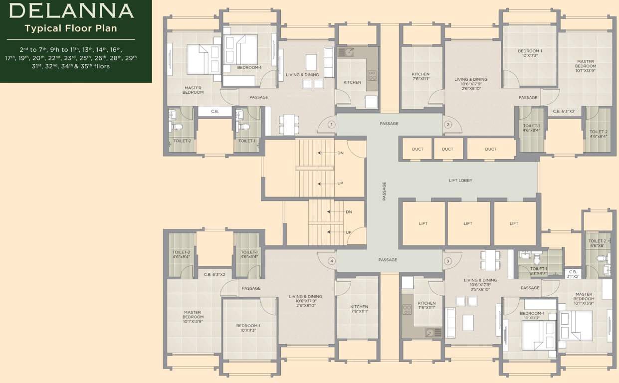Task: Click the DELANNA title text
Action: pos(71,10)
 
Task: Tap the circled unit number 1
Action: pos(331,124)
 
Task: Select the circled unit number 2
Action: pos(447,124)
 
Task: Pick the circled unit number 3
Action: pos(447,261)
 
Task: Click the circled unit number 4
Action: pos(331,261)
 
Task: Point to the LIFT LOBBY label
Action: pos(460,180)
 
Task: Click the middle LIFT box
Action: pos(467,223)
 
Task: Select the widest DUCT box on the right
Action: pos(490,149)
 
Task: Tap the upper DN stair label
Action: pos(340,153)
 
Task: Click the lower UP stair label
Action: pos(348,232)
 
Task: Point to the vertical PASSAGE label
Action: pos(384,191)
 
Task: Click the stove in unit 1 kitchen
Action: pos(372,75)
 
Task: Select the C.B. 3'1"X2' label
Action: pos(573,274)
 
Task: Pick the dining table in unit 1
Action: pos(289,124)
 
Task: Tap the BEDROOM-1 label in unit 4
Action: pos(248,328)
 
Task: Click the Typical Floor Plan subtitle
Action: pos(71,28)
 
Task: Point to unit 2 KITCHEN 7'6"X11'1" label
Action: pos(420,76)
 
